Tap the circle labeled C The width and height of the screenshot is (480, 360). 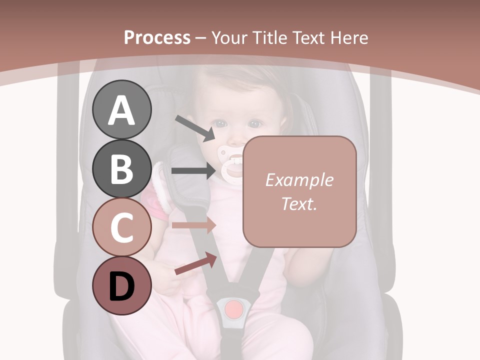[122, 227]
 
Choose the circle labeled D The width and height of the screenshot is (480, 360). [122, 285]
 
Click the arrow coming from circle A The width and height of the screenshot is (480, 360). [194, 127]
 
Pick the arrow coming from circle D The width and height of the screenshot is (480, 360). [195, 263]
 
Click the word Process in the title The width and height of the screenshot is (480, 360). [157, 37]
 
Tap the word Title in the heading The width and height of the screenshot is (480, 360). [268, 37]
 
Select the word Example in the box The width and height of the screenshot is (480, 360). [299, 180]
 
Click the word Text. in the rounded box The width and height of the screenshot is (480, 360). [299, 203]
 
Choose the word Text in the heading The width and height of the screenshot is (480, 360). [307, 37]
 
